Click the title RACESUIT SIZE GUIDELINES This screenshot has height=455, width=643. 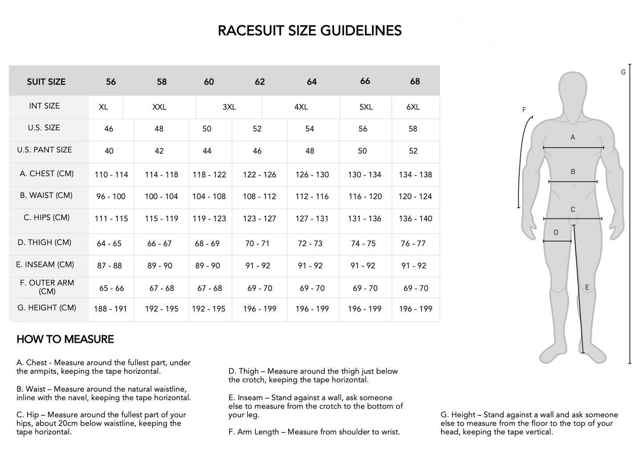click(x=310, y=31)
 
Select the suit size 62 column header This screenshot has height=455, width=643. click(x=260, y=82)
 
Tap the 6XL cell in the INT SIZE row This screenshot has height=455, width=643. click(x=413, y=107)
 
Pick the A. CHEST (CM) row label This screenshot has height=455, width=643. click(x=47, y=173)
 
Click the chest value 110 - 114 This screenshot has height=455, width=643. click(x=111, y=175)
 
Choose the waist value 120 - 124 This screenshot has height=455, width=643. click(x=415, y=197)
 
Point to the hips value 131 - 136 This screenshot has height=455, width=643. click(x=365, y=219)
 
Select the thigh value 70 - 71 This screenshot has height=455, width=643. click(x=257, y=243)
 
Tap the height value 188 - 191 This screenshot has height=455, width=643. click(x=110, y=309)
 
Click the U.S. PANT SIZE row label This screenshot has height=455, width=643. click(x=44, y=150)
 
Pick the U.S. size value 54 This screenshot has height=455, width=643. click(x=310, y=129)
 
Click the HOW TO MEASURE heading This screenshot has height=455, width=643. click(x=65, y=339)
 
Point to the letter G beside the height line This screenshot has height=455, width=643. click(x=623, y=72)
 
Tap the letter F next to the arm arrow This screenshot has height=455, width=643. click(x=524, y=110)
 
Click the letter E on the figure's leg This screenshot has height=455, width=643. click(x=587, y=287)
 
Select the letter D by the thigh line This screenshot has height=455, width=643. click(x=556, y=232)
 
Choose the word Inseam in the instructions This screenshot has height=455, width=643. click(x=252, y=398)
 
